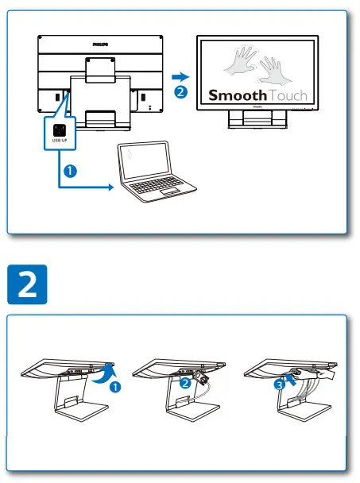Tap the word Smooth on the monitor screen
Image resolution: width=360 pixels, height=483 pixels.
tap(236, 95)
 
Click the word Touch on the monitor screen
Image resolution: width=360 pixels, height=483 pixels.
tap(286, 95)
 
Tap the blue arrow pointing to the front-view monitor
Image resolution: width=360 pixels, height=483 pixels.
tap(181, 77)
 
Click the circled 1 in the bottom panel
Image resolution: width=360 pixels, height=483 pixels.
tap(115, 387)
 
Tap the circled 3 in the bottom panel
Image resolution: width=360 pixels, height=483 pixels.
tap(279, 384)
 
